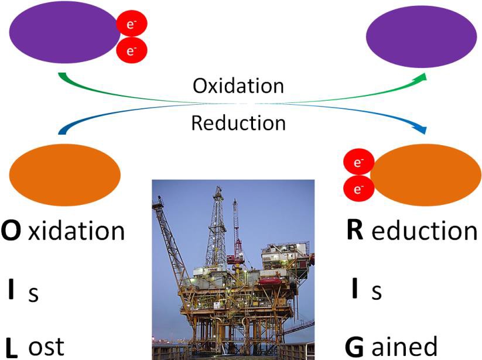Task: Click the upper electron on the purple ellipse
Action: (132, 24)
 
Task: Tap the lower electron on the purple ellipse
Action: (132, 50)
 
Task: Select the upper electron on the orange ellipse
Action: (357, 162)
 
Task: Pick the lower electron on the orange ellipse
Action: (357, 188)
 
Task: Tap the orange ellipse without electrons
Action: (65, 173)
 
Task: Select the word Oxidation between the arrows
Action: (238, 85)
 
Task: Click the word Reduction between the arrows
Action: (238, 123)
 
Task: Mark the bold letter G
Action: (354, 346)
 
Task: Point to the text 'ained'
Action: (404, 346)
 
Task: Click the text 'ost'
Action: (46, 346)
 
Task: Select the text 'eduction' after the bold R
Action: (425, 231)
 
